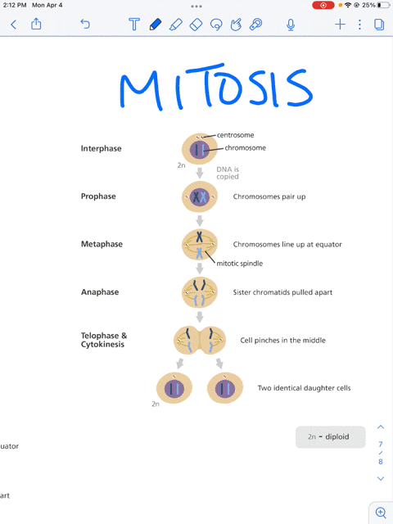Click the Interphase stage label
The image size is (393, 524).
(x=101, y=148)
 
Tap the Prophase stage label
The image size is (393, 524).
(x=98, y=196)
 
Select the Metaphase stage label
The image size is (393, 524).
(x=102, y=244)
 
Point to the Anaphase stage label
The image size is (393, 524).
(x=100, y=291)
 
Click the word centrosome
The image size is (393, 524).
(x=235, y=135)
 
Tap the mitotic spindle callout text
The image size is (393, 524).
(x=239, y=264)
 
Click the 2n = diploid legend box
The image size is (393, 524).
(x=331, y=436)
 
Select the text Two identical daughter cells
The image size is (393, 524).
(x=304, y=388)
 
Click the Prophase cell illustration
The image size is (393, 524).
(x=200, y=196)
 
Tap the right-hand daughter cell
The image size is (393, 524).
(x=225, y=388)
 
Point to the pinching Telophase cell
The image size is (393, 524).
(x=200, y=341)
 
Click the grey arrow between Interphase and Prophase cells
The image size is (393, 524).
(x=200, y=173)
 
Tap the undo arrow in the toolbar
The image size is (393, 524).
(x=85, y=24)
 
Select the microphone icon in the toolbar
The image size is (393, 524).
(x=291, y=25)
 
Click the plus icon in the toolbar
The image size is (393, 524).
(x=340, y=25)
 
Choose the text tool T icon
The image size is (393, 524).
(x=134, y=25)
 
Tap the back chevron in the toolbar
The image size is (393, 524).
(x=14, y=25)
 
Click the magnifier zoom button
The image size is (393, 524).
(x=381, y=513)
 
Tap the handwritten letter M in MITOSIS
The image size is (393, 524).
(x=139, y=89)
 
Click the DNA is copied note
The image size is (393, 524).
(x=228, y=173)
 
